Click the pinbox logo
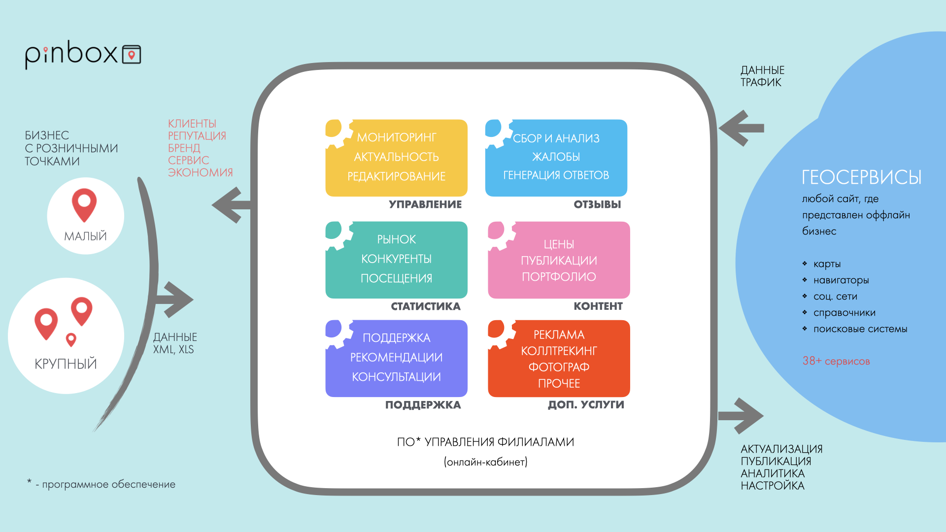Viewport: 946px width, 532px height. coord(83,54)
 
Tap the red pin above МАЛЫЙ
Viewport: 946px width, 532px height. coord(84,204)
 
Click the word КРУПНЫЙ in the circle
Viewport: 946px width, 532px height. coord(66,364)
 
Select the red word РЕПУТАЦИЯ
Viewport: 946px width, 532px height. coord(197,136)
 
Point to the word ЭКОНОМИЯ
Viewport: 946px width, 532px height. coord(200,172)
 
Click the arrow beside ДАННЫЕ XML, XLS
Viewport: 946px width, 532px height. coord(173,299)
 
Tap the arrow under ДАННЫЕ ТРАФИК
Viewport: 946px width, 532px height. coord(742,128)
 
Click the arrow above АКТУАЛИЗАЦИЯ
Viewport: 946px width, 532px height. coord(741,416)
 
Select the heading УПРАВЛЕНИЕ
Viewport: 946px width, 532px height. coord(425,204)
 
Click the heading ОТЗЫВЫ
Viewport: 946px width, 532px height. coord(597,204)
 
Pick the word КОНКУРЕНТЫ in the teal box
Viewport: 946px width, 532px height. coord(397,259)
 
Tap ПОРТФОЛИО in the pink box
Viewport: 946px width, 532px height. coord(559,277)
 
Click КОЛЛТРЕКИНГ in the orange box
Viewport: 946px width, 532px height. coord(559,351)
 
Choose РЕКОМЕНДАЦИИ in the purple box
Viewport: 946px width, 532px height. coord(397,357)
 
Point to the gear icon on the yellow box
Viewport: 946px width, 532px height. coord(338,132)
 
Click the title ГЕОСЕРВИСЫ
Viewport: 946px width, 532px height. coord(861,177)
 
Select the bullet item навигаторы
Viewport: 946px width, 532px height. coord(841,280)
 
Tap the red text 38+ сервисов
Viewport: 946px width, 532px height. coord(836,361)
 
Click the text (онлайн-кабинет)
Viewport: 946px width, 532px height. coord(486,462)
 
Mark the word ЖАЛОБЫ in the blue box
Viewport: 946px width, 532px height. coord(556,157)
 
